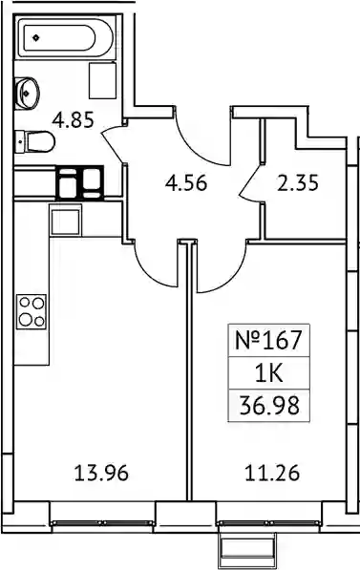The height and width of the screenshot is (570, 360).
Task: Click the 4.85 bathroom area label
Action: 74,119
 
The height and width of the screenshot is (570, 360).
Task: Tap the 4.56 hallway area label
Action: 186,182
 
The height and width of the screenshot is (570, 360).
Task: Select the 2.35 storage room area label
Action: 298,182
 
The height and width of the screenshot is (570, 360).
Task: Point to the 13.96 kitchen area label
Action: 101,474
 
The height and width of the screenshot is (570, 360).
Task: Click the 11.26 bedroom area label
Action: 272,474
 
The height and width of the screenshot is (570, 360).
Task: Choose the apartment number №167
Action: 268,340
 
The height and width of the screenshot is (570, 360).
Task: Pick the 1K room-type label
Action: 268,373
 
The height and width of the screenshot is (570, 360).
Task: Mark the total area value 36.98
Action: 269,406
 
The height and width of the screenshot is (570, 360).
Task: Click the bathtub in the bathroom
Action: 65,37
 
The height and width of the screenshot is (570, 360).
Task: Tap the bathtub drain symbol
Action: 35,37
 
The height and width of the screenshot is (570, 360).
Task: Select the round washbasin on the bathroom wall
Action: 27,94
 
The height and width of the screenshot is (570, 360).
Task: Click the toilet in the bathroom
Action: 35,141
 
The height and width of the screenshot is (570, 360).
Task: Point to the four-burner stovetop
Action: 32,311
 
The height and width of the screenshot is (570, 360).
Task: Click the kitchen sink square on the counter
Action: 66,221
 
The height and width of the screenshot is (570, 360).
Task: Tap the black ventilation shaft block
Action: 79,183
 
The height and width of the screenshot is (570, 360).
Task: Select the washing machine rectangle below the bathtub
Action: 102,80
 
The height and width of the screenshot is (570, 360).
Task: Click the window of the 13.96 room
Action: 102,523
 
